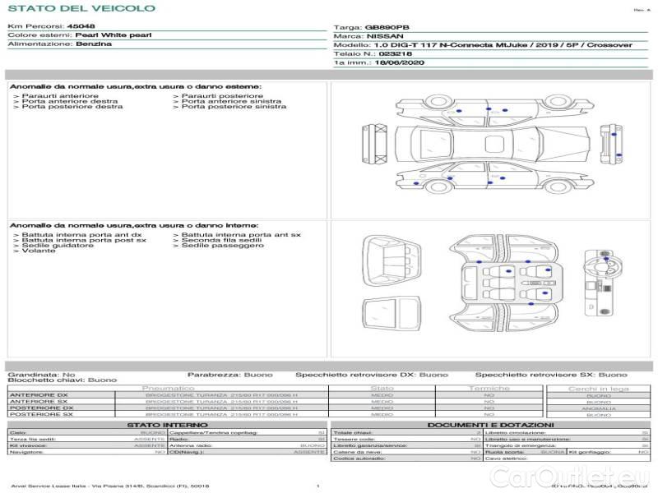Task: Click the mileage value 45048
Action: coord(81,27)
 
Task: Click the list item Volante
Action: coord(39,250)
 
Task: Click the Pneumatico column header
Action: coord(169,388)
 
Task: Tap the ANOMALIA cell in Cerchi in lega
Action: coord(598,408)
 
